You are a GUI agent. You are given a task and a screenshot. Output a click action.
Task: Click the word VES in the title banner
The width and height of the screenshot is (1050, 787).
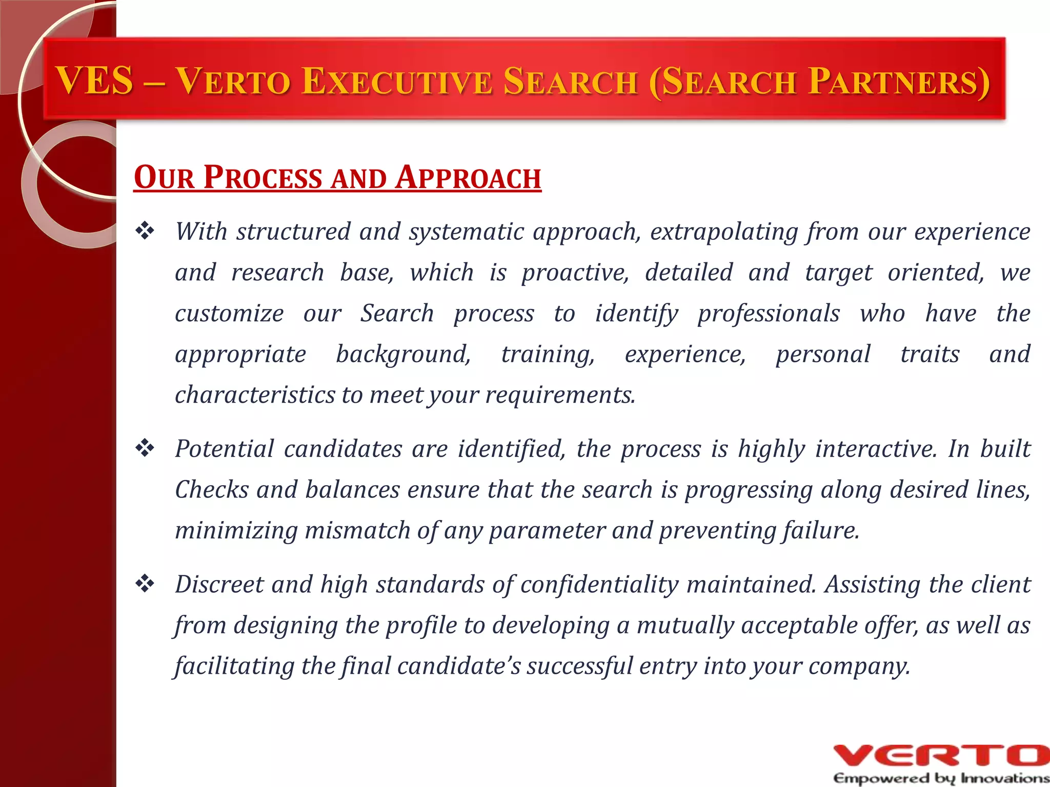point(95,81)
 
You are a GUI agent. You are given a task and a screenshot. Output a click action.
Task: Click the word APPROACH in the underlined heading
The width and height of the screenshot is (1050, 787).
point(469,178)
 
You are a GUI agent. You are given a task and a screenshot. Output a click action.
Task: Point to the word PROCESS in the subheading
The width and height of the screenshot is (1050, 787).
point(262,178)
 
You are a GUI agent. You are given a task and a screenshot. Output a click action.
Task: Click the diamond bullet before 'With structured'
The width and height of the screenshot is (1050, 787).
point(145,231)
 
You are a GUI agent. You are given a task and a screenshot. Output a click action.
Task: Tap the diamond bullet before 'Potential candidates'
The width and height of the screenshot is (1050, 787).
point(145,448)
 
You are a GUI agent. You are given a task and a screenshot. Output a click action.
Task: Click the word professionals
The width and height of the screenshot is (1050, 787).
point(769,314)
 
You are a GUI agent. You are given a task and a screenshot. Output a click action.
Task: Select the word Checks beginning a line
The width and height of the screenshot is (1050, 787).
point(211,489)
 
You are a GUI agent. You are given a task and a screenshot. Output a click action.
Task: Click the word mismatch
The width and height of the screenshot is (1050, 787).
point(357,530)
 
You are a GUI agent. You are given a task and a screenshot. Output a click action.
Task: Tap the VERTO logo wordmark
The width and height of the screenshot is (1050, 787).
point(941,755)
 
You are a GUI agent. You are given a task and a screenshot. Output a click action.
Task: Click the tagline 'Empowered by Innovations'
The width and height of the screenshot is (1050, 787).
point(941,778)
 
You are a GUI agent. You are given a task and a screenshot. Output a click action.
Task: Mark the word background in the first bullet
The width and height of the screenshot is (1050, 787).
point(403,355)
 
